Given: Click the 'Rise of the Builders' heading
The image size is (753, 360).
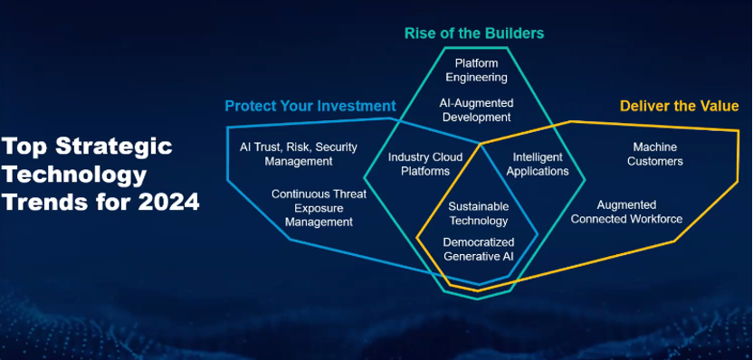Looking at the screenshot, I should click(x=474, y=33).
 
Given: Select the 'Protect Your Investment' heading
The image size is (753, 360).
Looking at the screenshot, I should click(x=310, y=106).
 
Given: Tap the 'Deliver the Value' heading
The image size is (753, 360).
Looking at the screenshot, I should click(x=679, y=106).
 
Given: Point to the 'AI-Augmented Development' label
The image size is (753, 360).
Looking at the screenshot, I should click(x=475, y=109).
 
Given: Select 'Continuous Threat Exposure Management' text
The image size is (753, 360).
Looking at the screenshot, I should click(x=312, y=207).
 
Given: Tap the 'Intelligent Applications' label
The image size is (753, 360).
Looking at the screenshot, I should click(x=538, y=164).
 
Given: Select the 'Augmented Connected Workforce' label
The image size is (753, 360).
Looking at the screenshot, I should click(x=626, y=212).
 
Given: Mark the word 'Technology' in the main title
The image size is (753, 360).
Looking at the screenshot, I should click(x=73, y=175).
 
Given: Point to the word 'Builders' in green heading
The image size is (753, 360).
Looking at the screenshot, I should click(x=514, y=33).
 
